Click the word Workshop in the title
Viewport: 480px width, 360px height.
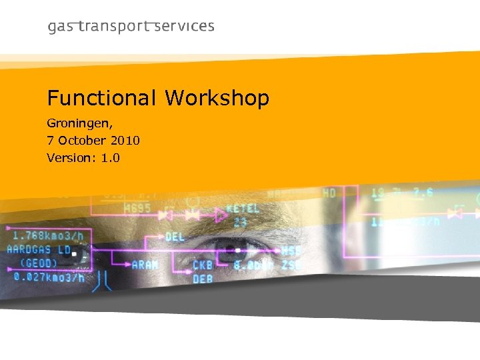(x=217, y=99)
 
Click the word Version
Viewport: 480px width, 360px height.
(x=69, y=158)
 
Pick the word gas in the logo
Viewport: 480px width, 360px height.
(x=61, y=27)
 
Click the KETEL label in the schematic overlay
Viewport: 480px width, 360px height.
(x=243, y=209)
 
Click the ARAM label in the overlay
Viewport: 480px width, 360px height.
(x=145, y=265)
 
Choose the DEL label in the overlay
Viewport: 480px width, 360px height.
(x=175, y=237)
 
